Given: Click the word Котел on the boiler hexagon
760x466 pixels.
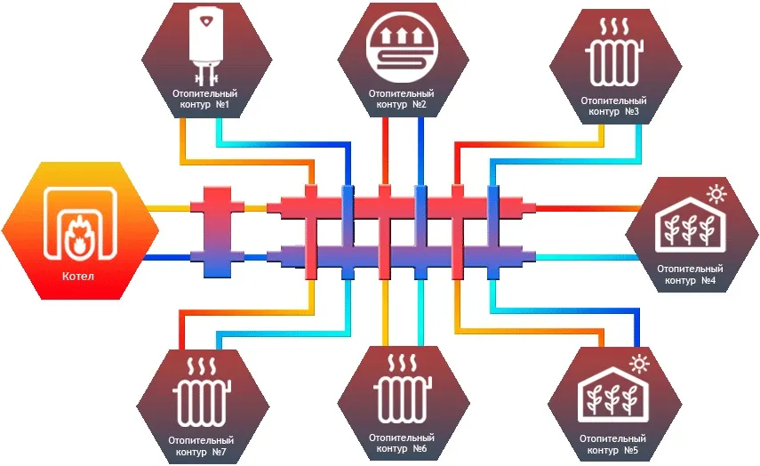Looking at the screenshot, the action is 77,277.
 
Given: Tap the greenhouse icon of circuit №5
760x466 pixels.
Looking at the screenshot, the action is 613,394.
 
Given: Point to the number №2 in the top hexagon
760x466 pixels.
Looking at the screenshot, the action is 420,105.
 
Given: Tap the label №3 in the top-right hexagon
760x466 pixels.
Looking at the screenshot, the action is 632,112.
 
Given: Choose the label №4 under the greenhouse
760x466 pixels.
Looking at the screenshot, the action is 708,280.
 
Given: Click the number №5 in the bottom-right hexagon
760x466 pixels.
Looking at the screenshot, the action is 630,451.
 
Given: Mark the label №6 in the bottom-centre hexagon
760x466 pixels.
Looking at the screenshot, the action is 420,449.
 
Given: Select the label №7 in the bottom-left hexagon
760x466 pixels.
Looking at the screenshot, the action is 219,453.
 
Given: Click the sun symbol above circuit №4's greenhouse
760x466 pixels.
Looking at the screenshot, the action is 716,194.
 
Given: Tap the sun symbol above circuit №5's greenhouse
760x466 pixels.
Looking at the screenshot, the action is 639,364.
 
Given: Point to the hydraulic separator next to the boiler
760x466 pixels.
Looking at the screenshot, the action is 217,232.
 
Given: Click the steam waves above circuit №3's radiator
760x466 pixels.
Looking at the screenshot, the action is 614,27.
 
